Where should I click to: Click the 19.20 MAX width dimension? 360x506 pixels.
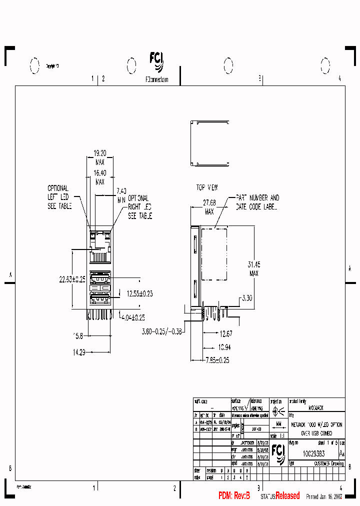(100, 158)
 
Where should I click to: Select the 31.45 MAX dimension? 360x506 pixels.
(254, 268)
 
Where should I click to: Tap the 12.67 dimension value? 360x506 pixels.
(226, 334)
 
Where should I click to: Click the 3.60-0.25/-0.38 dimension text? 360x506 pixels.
(162, 331)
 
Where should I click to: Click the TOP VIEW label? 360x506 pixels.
(206, 187)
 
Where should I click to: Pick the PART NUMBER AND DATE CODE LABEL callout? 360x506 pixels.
(257, 202)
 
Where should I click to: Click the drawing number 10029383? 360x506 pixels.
(314, 453)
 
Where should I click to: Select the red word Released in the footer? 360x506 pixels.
(288, 495)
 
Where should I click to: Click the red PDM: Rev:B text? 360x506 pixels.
(234, 495)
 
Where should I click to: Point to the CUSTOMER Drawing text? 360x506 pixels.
(328, 464)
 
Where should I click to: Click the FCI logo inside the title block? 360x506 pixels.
(278, 453)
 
